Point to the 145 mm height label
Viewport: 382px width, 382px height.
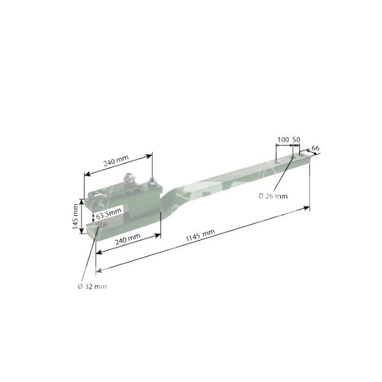(75, 216)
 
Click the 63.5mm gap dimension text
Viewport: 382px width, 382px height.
(109, 214)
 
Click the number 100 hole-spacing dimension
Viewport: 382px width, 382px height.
(283, 139)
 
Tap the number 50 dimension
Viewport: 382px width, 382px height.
(296, 139)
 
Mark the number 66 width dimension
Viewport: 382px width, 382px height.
(315, 148)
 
